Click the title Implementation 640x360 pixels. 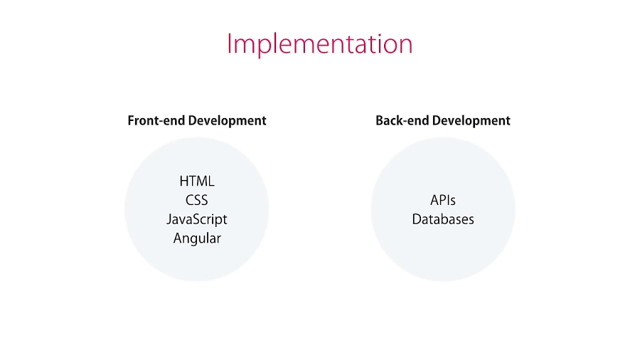[319, 44]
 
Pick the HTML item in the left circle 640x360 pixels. [197, 181]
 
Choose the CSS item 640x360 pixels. [197, 201]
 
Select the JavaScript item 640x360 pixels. [197, 219]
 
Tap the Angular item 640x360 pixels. [197, 238]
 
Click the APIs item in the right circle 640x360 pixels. [443, 201]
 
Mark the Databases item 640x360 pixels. [443, 219]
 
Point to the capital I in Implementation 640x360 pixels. [230, 43]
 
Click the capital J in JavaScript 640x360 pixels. [169, 219]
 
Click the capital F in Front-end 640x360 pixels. [132, 121]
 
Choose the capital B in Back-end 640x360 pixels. [380, 121]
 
